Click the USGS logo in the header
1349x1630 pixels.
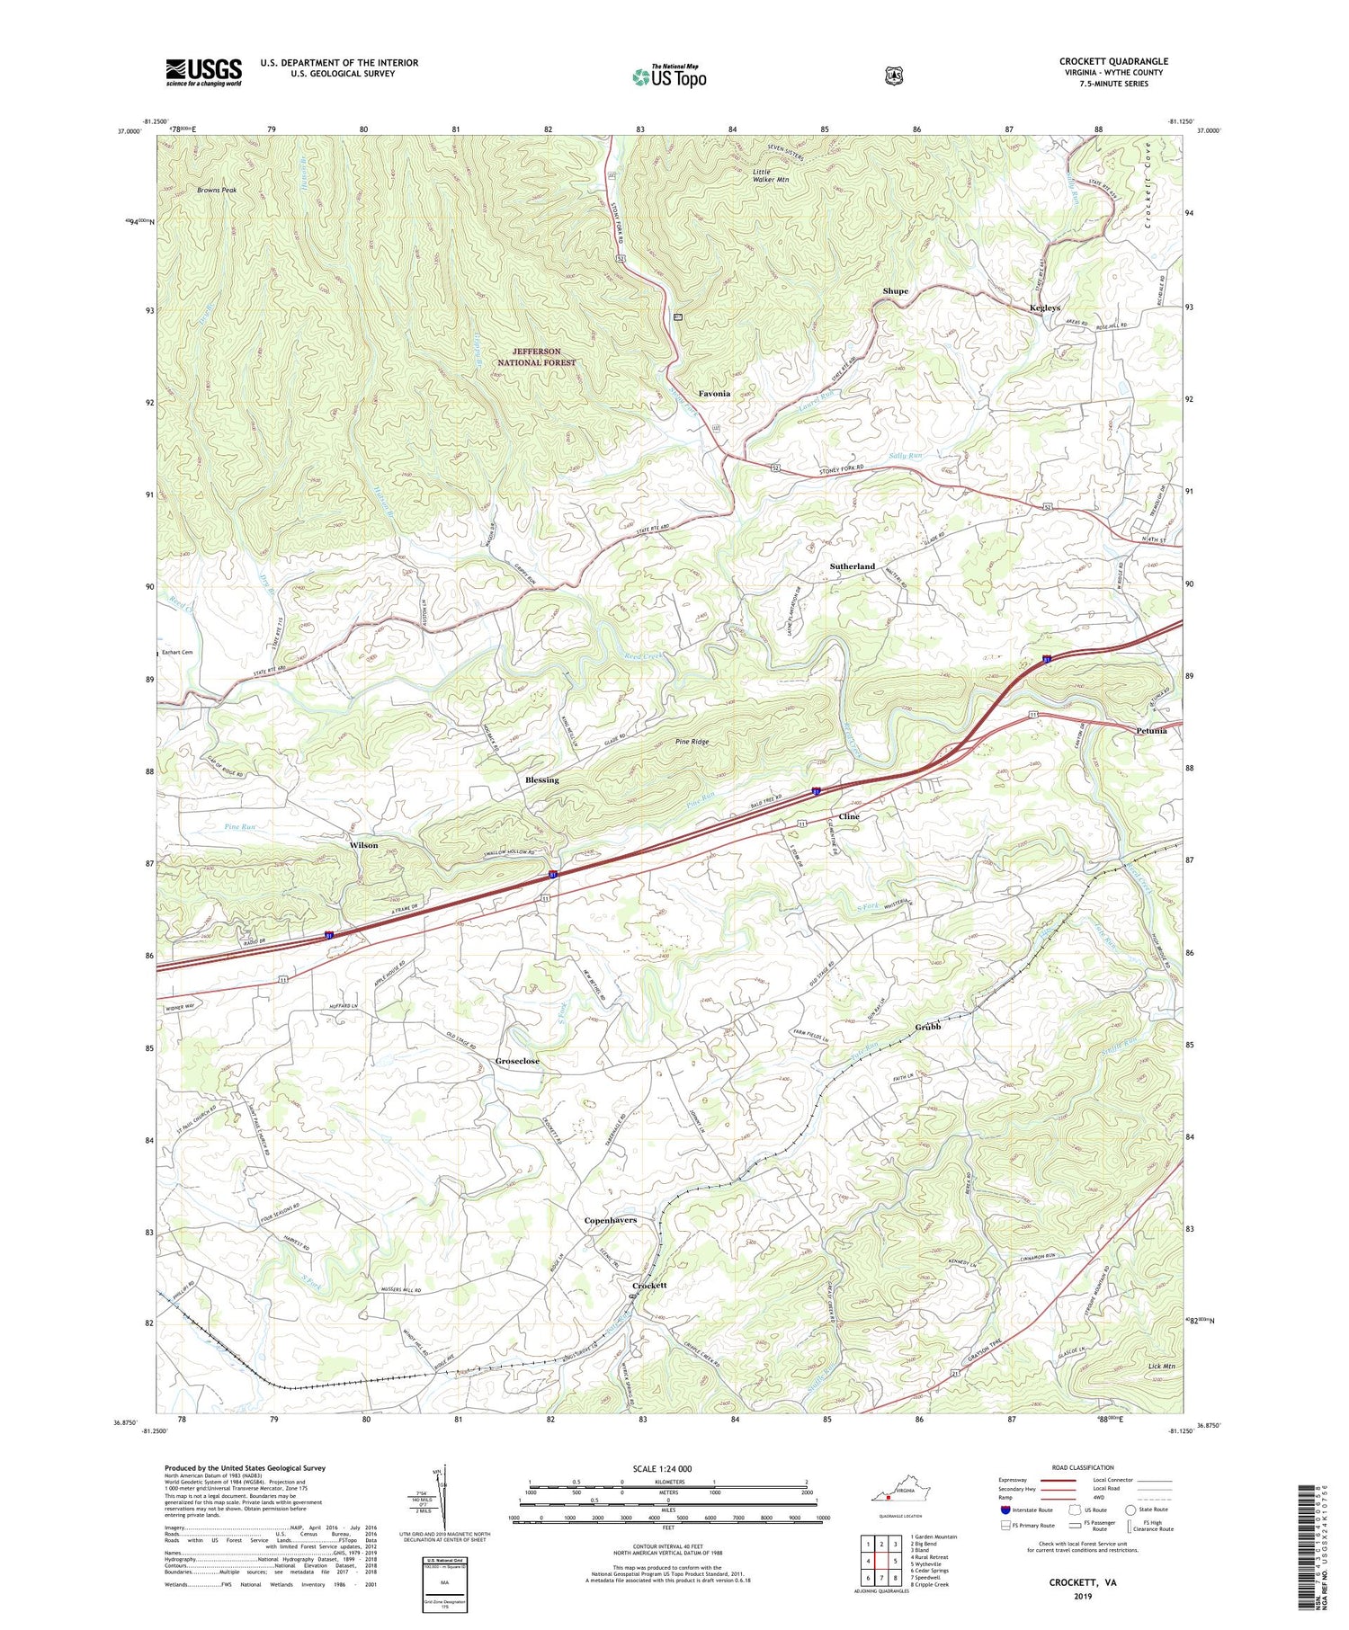(x=203, y=72)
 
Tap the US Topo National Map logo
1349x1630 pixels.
(x=669, y=76)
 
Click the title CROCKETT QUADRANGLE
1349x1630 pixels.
(x=1113, y=61)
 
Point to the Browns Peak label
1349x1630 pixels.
(x=217, y=191)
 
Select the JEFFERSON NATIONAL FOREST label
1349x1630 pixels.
(x=537, y=357)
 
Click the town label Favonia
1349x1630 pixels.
(x=714, y=394)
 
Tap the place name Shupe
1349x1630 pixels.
(x=895, y=291)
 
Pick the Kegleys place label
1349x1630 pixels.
(x=1047, y=308)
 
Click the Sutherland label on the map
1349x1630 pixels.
(x=852, y=566)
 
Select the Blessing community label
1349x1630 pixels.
(x=541, y=779)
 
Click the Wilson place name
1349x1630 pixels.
(x=363, y=845)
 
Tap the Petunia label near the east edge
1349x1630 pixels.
(x=1150, y=730)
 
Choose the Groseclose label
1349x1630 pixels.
(x=517, y=1061)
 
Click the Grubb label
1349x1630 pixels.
(x=927, y=1027)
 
